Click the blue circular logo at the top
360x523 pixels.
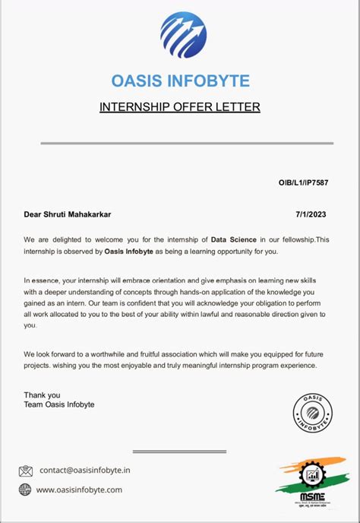pos(183,35)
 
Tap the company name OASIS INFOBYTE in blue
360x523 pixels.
pos(180,81)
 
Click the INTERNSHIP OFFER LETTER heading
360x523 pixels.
pos(180,107)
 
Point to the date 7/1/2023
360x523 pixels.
pos(315,215)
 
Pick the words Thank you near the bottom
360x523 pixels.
pos(41,395)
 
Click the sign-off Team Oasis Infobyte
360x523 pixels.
pos(59,404)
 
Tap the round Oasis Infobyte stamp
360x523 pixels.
pos(312,414)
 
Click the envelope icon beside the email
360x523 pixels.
pos(26,471)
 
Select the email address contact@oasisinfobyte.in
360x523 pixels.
pos(85,471)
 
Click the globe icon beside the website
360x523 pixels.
pos(26,490)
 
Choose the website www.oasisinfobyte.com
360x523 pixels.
pos(79,490)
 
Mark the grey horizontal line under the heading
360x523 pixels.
pos(180,143)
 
